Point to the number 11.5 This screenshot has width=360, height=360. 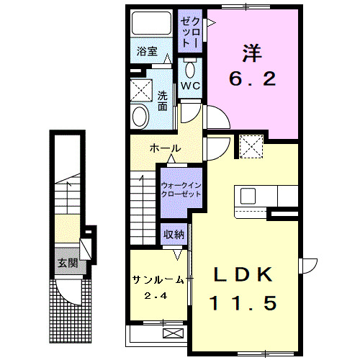pyautogui.click(x=243, y=303)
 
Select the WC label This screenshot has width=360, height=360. pyautogui.click(x=190, y=85)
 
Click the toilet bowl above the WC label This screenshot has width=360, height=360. pyautogui.click(x=190, y=68)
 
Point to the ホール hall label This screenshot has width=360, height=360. pyautogui.click(x=164, y=148)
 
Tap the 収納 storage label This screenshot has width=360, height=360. pyautogui.click(x=173, y=234)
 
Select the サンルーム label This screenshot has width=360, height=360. pyautogui.click(x=157, y=279)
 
